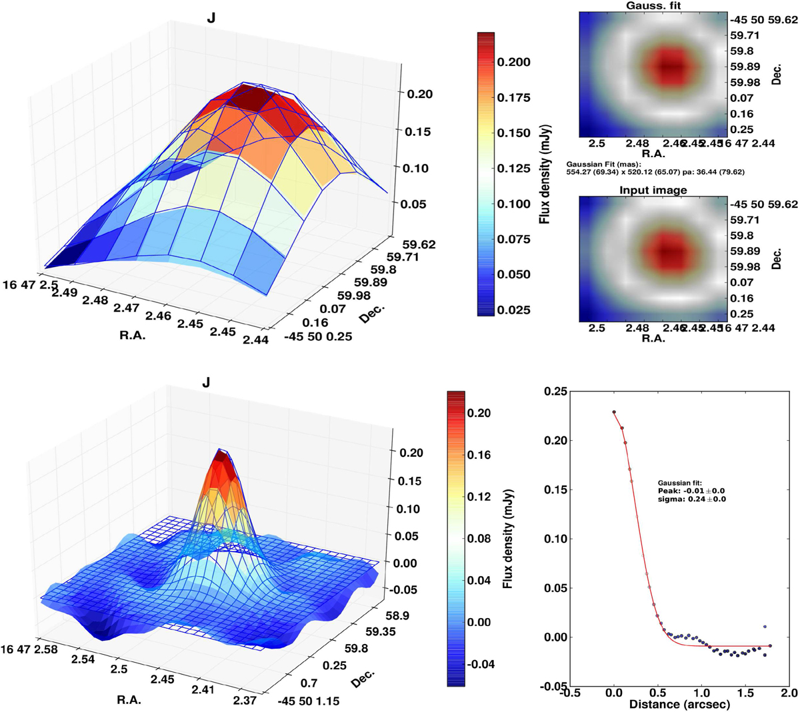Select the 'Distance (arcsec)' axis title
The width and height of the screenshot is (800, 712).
click(x=679, y=704)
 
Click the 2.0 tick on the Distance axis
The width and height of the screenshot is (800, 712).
click(x=790, y=693)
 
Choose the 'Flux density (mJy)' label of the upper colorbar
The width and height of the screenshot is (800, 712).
click(x=545, y=177)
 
